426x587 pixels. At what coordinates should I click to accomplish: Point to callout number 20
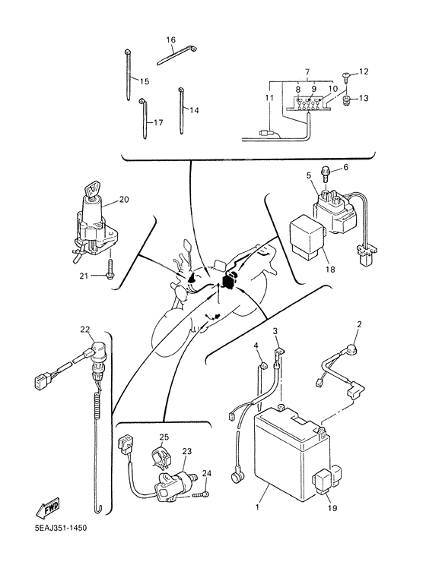pyautogui.click(x=123, y=200)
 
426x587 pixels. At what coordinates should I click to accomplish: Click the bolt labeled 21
pyautogui.click(x=110, y=270)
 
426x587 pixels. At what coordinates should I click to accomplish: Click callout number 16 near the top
pyautogui.click(x=171, y=39)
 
